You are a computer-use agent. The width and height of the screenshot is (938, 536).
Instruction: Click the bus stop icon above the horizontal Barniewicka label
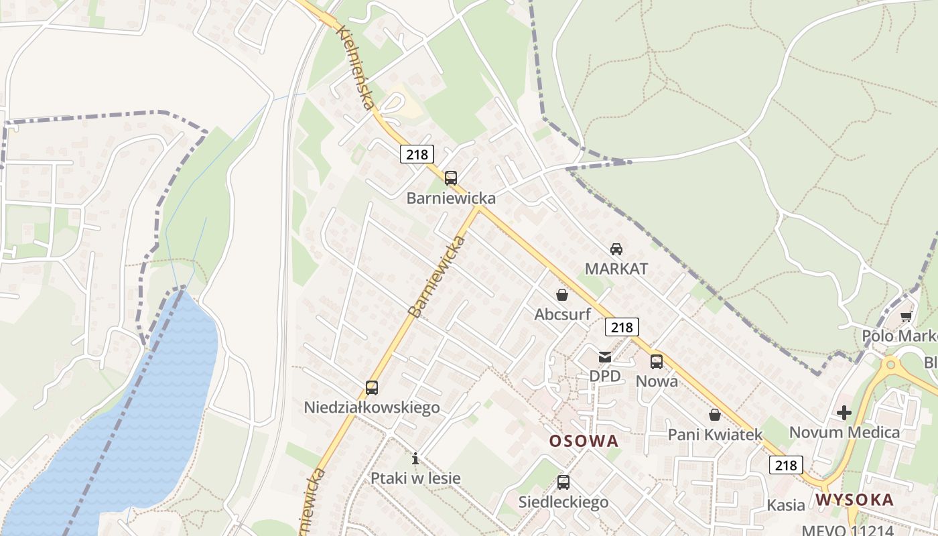(451, 178)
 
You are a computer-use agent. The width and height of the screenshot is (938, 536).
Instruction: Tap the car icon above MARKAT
(616, 249)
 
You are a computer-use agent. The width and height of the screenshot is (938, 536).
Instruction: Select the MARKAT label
(616, 269)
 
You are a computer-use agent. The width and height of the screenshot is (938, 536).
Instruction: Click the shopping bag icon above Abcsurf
(562, 294)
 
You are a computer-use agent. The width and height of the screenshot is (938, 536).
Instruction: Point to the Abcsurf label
(561, 314)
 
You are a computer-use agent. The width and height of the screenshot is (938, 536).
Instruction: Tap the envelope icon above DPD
(605, 356)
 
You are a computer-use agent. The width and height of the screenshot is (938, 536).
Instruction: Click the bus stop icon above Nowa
(657, 362)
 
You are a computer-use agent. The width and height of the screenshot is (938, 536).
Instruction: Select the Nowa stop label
(657, 381)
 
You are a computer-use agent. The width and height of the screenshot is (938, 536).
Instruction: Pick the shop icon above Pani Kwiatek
(715, 415)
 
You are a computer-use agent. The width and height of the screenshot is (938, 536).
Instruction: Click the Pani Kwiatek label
(715, 435)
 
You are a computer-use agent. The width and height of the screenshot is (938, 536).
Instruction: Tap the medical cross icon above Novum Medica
(844, 412)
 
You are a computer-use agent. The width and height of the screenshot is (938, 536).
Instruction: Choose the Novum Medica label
(844, 432)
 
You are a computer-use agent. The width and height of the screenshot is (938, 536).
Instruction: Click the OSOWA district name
(584, 441)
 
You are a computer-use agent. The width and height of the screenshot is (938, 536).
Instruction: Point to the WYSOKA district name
(854, 500)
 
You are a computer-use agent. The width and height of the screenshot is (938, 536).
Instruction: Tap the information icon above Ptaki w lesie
(415, 458)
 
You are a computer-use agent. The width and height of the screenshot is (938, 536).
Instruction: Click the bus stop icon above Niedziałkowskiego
(372, 387)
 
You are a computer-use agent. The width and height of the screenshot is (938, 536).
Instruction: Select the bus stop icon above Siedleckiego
(563, 482)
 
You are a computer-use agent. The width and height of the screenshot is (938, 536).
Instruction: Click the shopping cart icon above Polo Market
(907, 316)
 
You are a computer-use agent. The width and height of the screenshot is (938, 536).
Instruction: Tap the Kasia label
(786, 505)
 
